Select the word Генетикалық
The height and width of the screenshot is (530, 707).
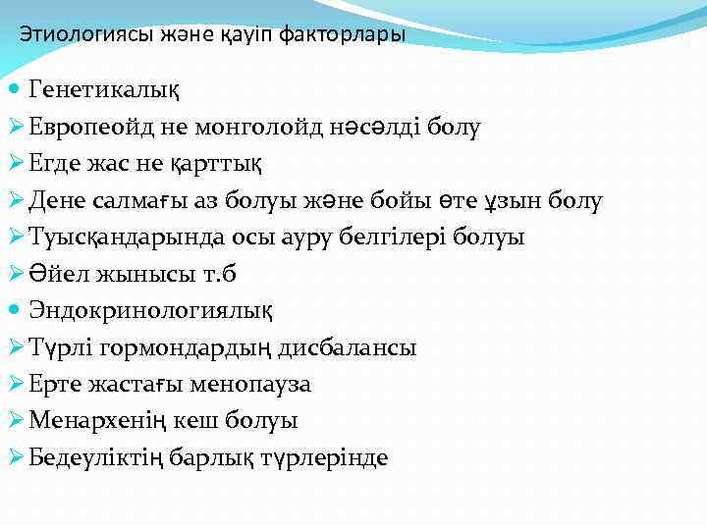[x=105, y=90]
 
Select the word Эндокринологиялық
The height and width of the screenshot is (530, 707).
[x=152, y=310]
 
